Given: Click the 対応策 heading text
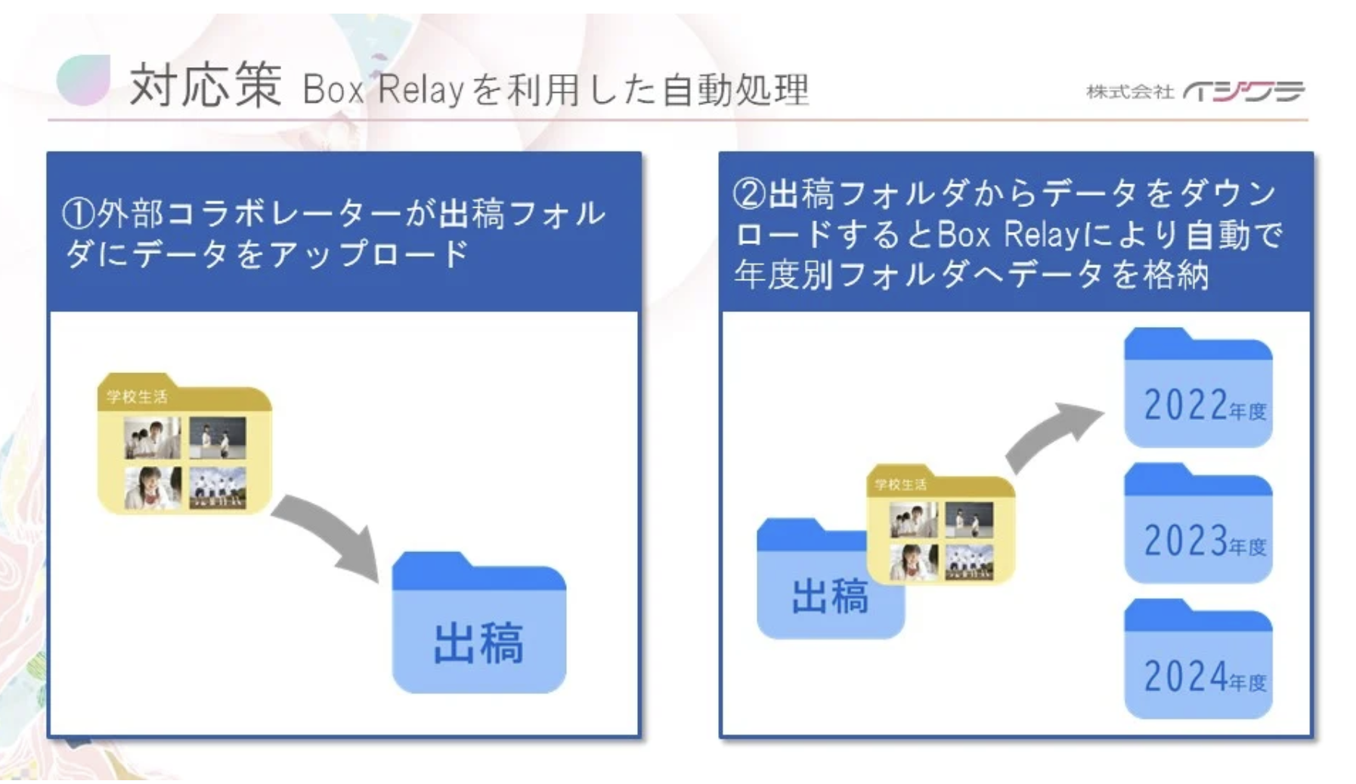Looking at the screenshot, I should click(x=206, y=85).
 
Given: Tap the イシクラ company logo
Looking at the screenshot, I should click(x=1244, y=91).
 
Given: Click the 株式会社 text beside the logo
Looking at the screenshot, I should click(x=1129, y=92).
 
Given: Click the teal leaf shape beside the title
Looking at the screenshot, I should click(x=83, y=79).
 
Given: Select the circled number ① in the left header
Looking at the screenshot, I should click(x=78, y=215).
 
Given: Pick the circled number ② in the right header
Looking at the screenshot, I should click(x=749, y=194).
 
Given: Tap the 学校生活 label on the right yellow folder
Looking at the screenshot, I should click(x=899, y=484).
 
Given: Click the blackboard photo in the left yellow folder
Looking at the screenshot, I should click(x=218, y=437).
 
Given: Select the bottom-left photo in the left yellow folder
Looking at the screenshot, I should click(x=153, y=487).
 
